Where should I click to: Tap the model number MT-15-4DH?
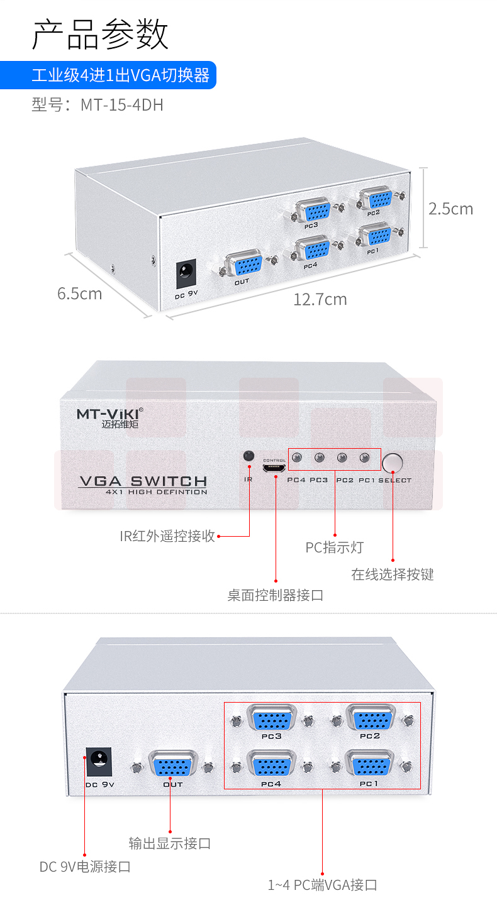click(x=98, y=104)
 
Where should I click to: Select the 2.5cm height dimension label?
click(x=450, y=209)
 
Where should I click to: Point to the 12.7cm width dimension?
click(x=320, y=299)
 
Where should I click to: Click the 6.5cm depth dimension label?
click(x=79, y=293)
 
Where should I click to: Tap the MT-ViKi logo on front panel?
click(x=109, y=414)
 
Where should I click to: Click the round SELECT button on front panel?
click(x=393, y=463)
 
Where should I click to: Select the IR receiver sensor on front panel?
click(x=249, y=456)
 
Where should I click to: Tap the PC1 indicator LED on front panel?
click(x=364, y=458)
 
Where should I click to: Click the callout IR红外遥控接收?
click(x=167, y=536)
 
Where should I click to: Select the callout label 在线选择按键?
click(x=393, y=574)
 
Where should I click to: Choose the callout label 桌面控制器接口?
click(x=276, y=595)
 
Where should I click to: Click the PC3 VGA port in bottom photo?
click(x=272, y=718)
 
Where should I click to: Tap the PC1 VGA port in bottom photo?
click(x=371, y=766)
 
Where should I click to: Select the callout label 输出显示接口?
click(x=170, y=843)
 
